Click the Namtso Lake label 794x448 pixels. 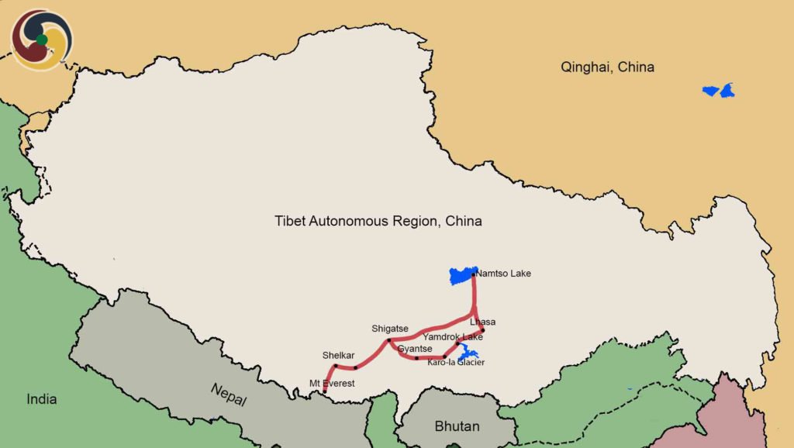coord(504,274)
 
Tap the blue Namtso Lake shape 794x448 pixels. coord(462,275)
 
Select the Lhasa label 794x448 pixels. coord(482,322)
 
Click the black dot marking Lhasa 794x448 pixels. coord(482,330)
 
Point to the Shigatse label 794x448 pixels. coord(390,329)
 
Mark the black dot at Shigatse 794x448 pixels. coord(389,340)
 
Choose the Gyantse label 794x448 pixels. coord(415,349)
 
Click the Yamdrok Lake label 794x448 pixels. coord(453,337)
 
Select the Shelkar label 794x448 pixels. coord(338,355)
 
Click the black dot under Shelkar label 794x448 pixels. coord(336,366)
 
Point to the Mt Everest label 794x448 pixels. coord(332,383)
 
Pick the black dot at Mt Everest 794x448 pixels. coord(325,392)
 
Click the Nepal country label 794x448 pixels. coord(230,394)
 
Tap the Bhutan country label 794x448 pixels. coord(457,426)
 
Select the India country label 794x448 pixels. coord(42,399)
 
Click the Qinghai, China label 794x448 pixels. coord(607,67)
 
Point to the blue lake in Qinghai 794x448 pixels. coord(719,91)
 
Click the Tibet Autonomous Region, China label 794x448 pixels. coord(378,221)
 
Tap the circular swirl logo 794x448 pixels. coord(42,39)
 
